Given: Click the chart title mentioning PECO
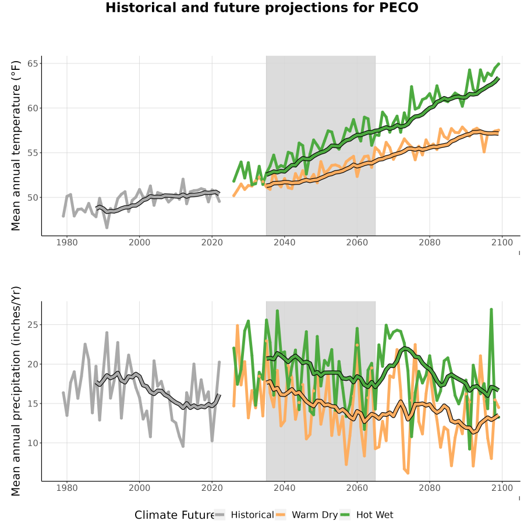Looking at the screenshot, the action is coord(261,8).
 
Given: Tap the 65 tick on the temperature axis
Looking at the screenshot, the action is coord(33,63).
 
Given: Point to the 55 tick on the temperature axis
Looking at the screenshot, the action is coord(33,153).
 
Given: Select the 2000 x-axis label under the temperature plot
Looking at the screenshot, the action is coord(139,242).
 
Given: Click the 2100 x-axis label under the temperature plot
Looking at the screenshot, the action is coord(502,242).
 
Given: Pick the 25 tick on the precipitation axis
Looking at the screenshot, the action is coord(33,325).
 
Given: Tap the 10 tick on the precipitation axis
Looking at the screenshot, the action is coord(33,443).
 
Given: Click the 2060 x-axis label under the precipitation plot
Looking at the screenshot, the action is coord(357,488).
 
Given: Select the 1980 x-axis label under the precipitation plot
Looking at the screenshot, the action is coord(67,488).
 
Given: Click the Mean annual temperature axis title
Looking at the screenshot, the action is coord(16,146).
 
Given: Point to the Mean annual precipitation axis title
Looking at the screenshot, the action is coord(16,391).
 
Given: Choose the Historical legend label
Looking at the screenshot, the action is coord(252,515).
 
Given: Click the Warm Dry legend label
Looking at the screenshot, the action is coord(315,515).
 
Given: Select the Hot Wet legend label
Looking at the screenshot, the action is coord(374,515).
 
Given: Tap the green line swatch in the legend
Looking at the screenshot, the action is coord(345,515).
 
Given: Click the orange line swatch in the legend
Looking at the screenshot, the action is coord(281,515).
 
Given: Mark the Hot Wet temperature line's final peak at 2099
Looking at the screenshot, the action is coord(499,63).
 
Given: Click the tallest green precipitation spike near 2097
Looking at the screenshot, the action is coord(491,310).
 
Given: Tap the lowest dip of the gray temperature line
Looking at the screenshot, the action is coord(107,228).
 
